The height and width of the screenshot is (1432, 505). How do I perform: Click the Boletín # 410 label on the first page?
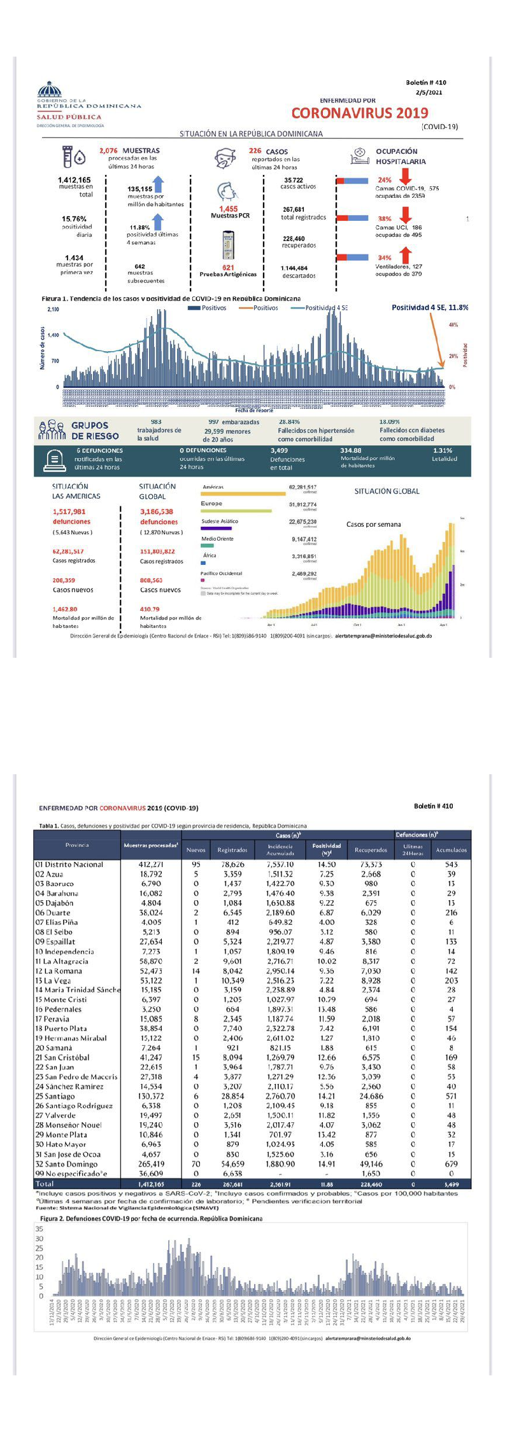pyautogui.click(x=426, y=83)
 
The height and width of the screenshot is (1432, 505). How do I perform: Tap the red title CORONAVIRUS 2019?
pyautogui.click(x=360, y=113)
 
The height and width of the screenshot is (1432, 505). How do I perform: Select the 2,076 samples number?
pyautogui.click(x=108, y=151)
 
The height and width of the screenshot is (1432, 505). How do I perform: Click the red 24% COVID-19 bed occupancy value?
pyautogui.click(x=385, y=180)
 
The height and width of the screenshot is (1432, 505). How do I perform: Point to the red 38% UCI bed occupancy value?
pyautogui.click(x=385, y=219)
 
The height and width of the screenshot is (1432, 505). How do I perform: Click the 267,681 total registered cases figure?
pyautogui.click(x=293, y=209)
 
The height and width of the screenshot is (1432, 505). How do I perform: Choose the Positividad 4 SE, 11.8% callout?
pyautogui.click(x=429, y=307)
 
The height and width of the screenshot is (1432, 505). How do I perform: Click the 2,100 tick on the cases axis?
pyautogui.click(x=53, y=309)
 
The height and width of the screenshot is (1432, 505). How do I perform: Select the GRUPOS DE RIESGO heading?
pyautogui.click(x=95, y=431)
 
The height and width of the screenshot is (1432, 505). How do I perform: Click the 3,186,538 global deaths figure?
pyautogui.click(x=157, y=511)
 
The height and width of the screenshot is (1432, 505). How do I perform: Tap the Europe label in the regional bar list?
pyautogui.click(x=211, y=503)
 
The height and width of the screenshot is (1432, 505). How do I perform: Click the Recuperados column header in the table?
pyautogui.click(x=371, y=850)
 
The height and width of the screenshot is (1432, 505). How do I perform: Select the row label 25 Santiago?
pyautogui.click(x=55, y=1096)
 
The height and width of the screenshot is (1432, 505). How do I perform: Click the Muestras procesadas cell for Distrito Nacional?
pyautogui.click(x=151, y=865)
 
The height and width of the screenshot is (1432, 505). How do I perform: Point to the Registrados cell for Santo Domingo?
pyautogui.click(x=232, y=1164)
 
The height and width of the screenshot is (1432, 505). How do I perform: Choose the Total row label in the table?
pyautogui.click(x=45, y=1183)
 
